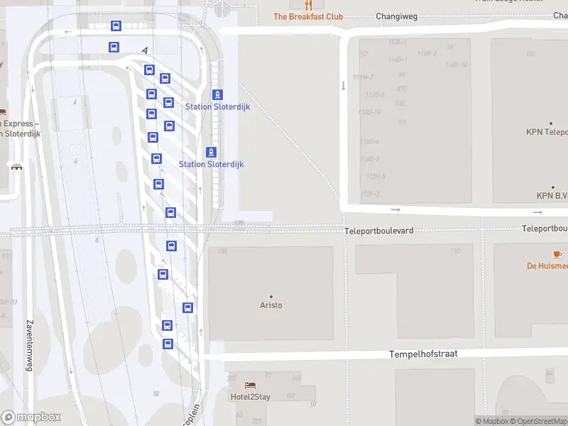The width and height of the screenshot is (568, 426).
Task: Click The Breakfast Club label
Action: [308, 16]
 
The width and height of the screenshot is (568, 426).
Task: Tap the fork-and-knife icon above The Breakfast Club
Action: [308, 4]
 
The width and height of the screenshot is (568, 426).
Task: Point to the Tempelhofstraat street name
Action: [423, 354]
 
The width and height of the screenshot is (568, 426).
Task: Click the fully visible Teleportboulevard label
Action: [378, 231]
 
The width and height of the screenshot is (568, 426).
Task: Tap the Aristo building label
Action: [271, 305]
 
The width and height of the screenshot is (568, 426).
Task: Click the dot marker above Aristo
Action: [271, 296]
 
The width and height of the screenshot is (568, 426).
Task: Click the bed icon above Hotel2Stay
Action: [250, 386]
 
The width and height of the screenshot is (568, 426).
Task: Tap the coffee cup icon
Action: [557, 254]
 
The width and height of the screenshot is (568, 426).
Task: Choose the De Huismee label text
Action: [547, 266]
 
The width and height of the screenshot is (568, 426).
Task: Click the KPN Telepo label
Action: [547, 132]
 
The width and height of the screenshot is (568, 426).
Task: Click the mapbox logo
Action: [31, 417]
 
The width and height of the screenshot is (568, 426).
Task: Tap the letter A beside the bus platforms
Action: [145, 50]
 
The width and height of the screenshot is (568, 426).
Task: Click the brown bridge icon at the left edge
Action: [16, 166]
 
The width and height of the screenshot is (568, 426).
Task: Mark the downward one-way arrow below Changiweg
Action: [344, 85]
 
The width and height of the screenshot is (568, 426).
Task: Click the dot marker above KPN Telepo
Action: [551, 123]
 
